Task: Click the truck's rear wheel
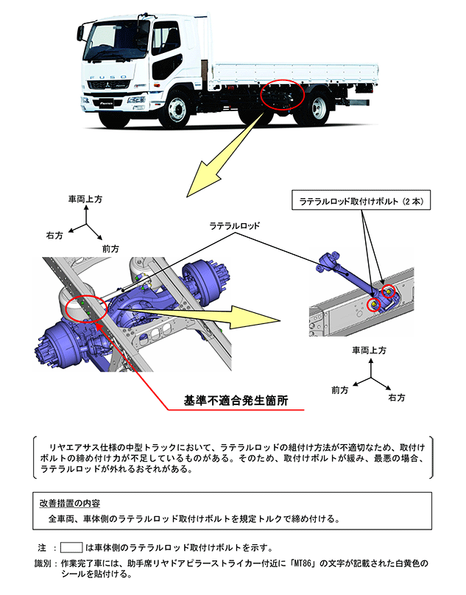pyautogui.click(x=319, y=108)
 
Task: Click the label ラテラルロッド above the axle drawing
pyautogui.click(x=235, y=226)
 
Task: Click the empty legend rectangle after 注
pyautogui.click(x=71, y=548)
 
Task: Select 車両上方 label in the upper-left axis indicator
pyautogui.click(x=85, y=200)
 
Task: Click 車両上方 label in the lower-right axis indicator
pyautogui.click(x=369, y=351)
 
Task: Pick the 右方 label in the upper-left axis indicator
pyautogui.click(x=54, y=236)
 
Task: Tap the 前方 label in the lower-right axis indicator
pyautogui.click(x=340, y=387)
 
